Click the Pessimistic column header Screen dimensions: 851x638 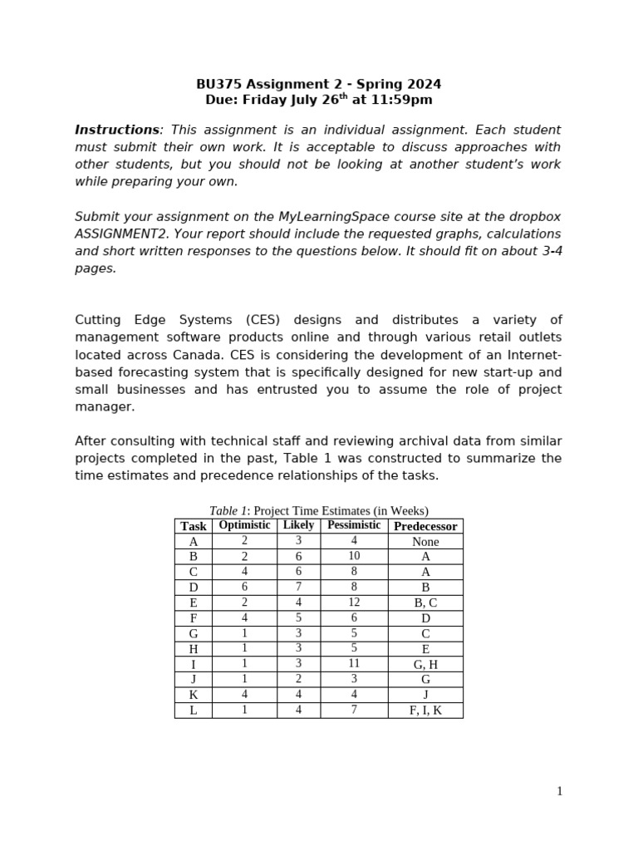[354, 525]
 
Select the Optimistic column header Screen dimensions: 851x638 [244, 525]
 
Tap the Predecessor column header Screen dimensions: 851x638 [425, 526]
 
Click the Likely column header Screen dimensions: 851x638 [298, 525]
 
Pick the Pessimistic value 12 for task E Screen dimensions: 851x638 [354, 603]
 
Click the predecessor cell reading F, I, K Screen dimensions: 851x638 [425, 711]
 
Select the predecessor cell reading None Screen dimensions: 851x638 [425, 542]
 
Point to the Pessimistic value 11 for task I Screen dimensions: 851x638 [354, 664]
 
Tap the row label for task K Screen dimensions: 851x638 [194, 695]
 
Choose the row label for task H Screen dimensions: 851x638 [194, 649]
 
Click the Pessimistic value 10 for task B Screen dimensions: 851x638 [354, 556]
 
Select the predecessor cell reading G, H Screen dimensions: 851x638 [425, 665]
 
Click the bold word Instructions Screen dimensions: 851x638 [116, 130]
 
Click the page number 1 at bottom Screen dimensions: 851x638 [559, 791]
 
